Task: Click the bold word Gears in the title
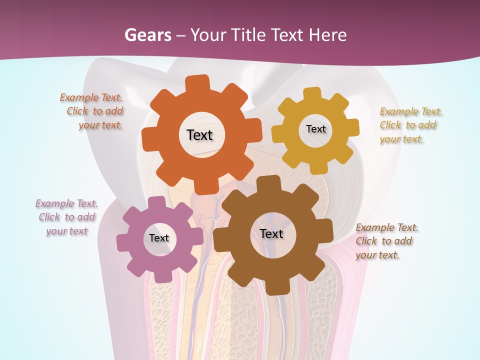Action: point(148,35)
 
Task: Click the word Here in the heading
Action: point(327,35)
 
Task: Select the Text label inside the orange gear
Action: point(199,135)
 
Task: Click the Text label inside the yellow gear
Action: point(315,129)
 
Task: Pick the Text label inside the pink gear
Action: point(158,238)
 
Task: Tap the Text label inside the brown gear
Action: point(271,233)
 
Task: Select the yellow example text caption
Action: point(410,125)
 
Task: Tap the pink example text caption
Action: point(66,217)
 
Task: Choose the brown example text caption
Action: point(386,241)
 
